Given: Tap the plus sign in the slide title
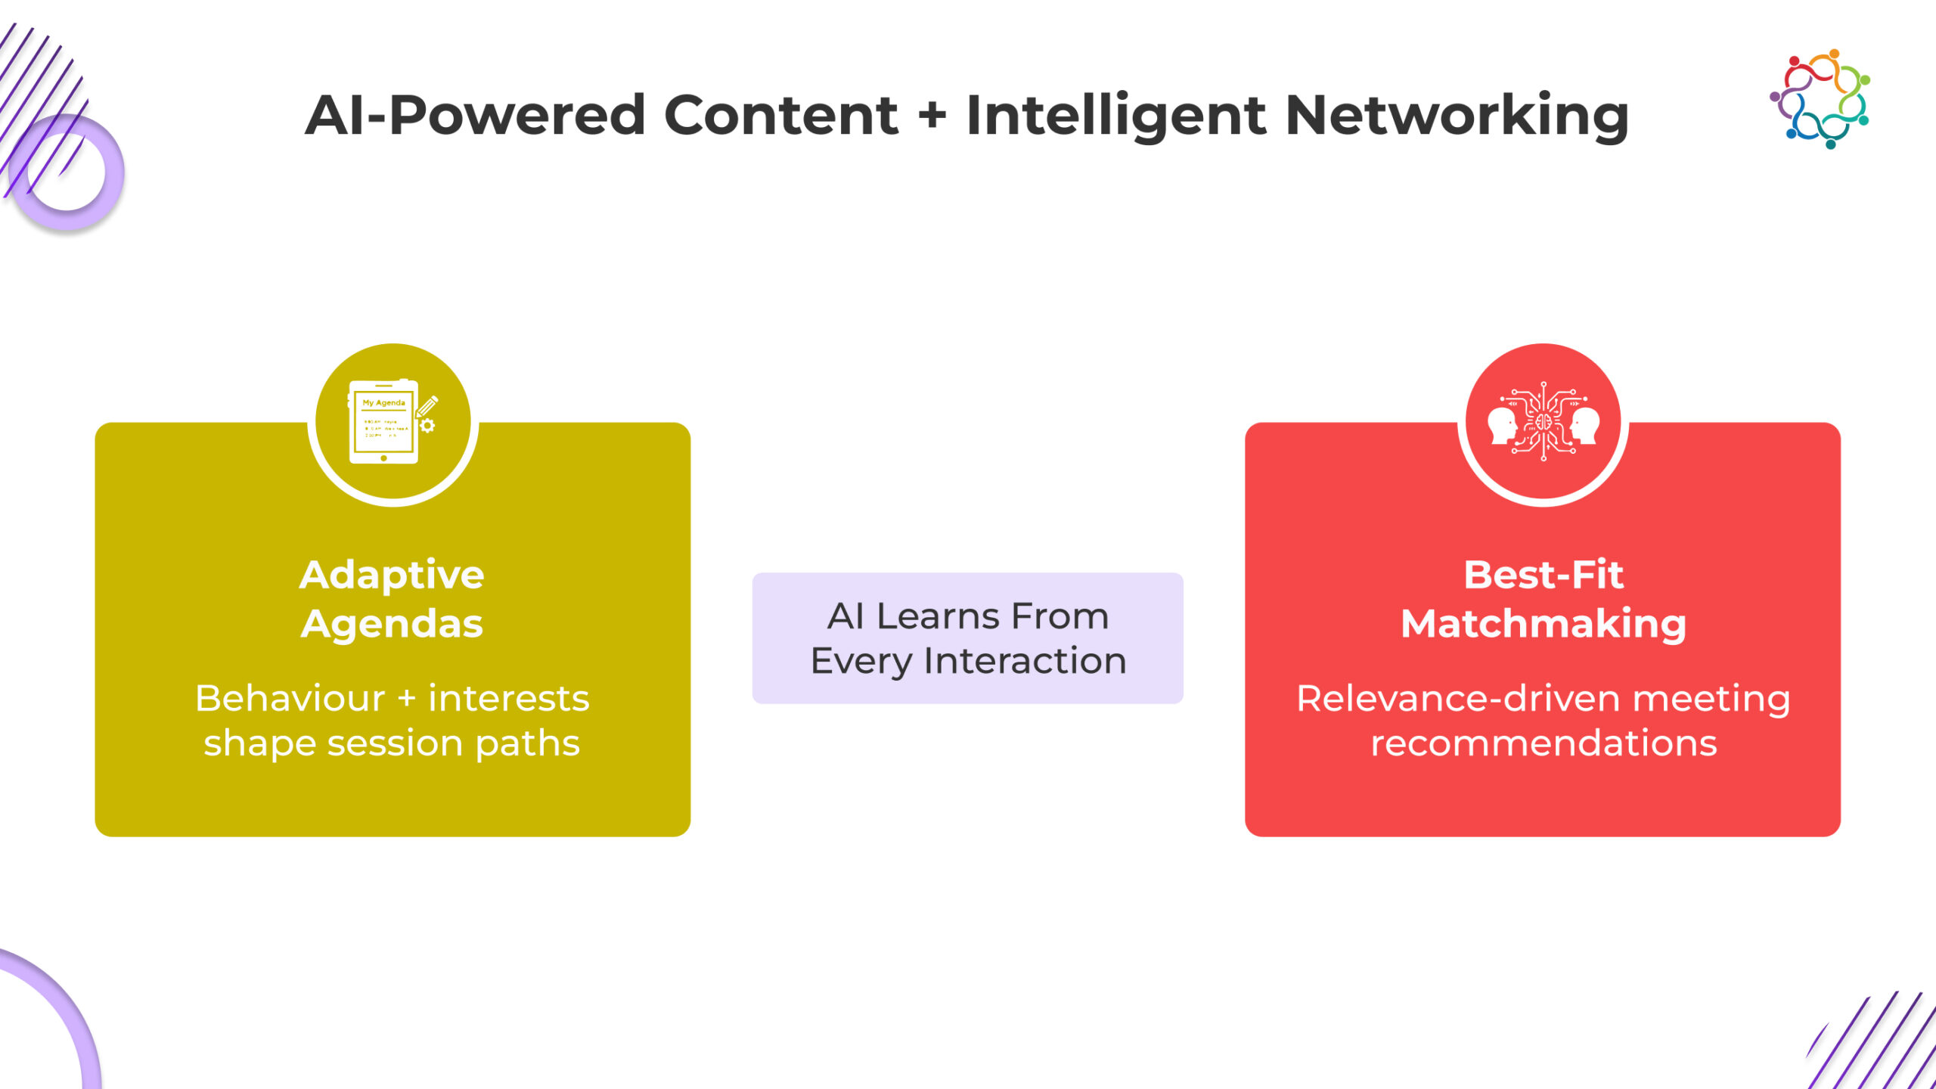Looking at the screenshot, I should pos(932,115).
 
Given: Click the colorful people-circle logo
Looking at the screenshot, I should pos(1820,99).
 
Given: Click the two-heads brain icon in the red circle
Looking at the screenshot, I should pos(1543,422).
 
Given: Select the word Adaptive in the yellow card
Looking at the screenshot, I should pos(392,575).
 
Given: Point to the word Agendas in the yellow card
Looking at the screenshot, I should pos(392,624).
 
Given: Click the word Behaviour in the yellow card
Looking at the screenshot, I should pos(290,698).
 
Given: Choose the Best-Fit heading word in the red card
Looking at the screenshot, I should pos(1543,575).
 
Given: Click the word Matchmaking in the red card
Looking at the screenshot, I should pos(1543,624).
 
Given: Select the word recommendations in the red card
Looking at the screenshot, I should pos(1544,743).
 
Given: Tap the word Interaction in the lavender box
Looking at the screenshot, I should pos(1025,661).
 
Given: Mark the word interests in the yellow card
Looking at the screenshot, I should pos(508,698).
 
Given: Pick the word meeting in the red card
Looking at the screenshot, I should pos(1711,700).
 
